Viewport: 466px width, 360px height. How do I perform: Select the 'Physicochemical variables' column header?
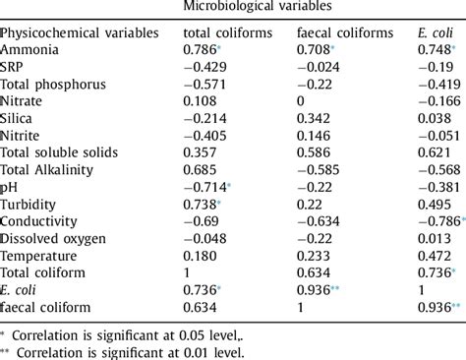pos(81,32)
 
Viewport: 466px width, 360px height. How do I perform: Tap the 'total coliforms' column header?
pos(227,32)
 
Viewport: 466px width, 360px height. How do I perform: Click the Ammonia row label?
pos(29,48)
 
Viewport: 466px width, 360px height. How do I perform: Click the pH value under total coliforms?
pos(204,187)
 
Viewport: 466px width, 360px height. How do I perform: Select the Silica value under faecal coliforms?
pos(315,118)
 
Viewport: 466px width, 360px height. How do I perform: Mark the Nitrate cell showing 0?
pos(301,100)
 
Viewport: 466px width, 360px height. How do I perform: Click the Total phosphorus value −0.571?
pos(205,84)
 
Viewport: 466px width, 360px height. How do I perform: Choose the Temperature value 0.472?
pos(434,256)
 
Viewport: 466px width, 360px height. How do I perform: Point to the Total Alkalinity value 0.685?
pos(203,169)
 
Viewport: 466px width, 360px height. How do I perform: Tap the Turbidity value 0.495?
pos(434,204)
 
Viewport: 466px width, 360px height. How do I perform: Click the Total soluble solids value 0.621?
pos(434,152)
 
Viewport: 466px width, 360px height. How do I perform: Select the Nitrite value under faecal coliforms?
pos(315,135)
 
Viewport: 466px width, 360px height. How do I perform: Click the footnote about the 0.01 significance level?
pos(123,351)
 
